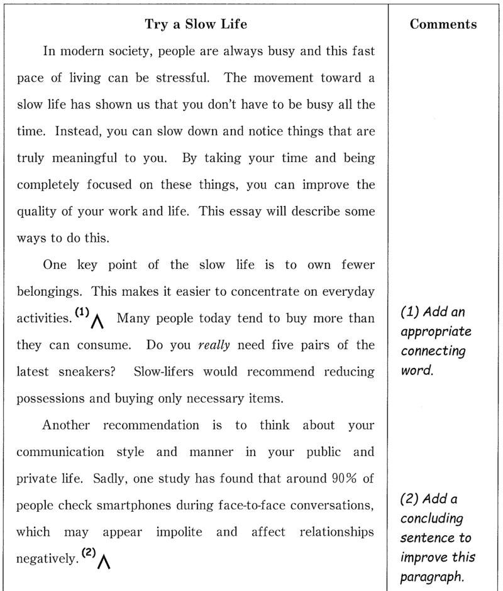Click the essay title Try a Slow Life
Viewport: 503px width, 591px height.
click(196, 24)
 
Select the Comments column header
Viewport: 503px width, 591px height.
click(443, 24)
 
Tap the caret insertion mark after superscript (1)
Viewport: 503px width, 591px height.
click(97, 322)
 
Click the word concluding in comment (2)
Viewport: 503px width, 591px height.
click(431, 519)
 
